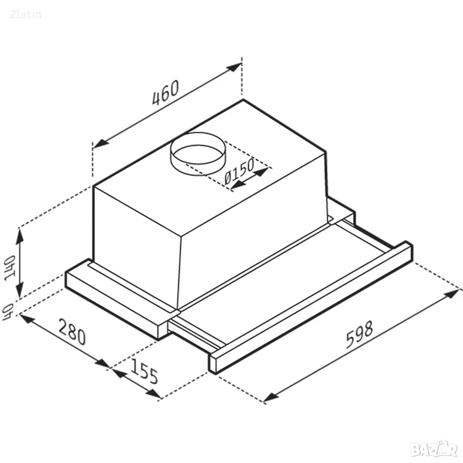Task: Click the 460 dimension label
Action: point(165,92)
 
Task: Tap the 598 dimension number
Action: point(359,334)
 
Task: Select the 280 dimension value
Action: point(72,332)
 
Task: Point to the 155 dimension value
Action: point(144,371)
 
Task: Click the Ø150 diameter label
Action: point(239,171)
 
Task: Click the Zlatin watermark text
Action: point(26,14)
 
